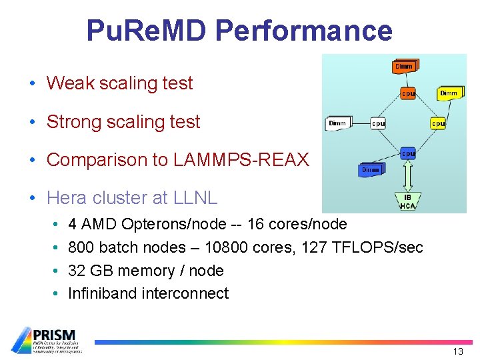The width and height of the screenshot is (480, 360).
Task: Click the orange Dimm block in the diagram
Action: click(x=404, y=66)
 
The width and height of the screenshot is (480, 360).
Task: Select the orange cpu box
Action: click(x=407, y=94)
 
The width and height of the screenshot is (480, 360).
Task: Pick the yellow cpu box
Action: click(x=437, y=123)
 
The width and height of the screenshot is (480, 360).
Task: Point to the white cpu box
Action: click(x=378, y=123)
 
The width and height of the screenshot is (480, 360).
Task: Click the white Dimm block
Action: click(x=337, y=123)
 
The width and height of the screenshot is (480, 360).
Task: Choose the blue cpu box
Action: click(x=407, y=153)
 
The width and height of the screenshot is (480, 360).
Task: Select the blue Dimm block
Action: click(x=371, y=170)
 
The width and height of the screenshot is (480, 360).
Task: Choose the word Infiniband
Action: click(x=102, y=293)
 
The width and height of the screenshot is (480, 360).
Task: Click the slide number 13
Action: click(x=458, y=351)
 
